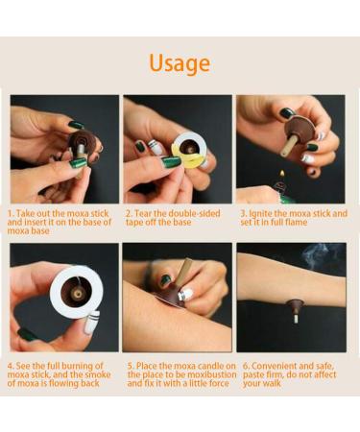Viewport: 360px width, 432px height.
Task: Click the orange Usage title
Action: [x=180, y=63]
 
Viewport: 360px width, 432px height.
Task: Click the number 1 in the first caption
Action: [x=11, y=214]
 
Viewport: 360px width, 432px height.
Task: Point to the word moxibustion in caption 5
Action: [x=203, y=374]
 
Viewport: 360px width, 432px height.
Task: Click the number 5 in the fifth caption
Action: [x=130, y=366]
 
